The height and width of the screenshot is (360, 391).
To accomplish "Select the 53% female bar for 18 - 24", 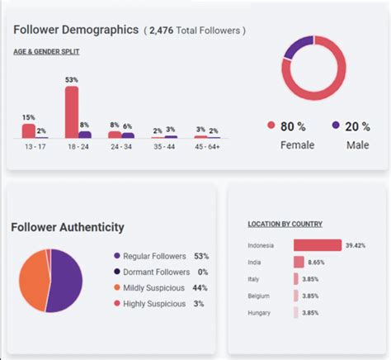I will [72, 112].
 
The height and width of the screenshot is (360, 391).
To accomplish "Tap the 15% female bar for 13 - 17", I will [29, 130].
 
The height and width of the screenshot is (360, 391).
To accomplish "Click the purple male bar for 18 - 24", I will [85, 134].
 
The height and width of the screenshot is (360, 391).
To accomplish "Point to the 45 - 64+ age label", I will [207, 146].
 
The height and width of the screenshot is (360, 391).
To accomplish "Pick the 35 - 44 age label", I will [164, 146].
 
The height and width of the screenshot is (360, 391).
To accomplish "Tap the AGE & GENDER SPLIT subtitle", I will [46, 51].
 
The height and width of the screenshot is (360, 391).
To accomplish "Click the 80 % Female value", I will [294, 126].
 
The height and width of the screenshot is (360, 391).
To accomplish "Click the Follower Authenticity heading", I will [68, 227].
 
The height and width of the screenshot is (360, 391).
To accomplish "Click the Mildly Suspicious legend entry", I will [154, 287].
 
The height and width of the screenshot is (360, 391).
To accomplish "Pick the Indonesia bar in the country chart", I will [317, 245].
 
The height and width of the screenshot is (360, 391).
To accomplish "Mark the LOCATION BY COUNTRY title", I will [285, 224].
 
